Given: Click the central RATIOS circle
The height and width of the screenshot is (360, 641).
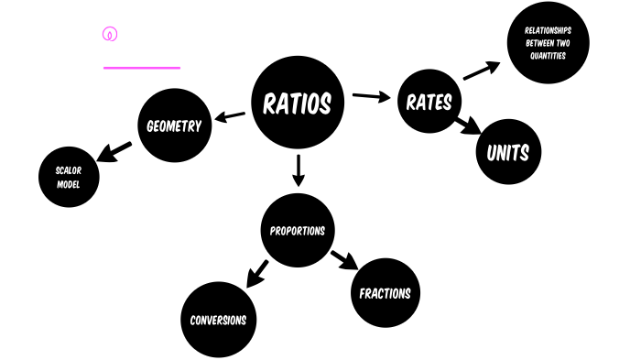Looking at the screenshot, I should pyautogui.click(x=297, y=103).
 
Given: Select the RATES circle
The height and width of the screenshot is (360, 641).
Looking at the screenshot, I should pyautogui.click(x=429, y=101).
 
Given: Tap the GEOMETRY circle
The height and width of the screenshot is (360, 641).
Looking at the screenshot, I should pyautogui.click(x=174, y=125).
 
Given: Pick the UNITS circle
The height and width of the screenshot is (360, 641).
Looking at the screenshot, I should pyautogui.click(x=508, y=152).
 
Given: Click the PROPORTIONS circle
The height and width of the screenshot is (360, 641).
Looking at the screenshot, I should pyautogui.click(x=297, y=230).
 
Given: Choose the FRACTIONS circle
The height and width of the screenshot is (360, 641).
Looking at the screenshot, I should pyautogui.click(x=385, y=293).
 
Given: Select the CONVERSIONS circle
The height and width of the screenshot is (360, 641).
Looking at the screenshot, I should pyautogui.click(x=218, y=320).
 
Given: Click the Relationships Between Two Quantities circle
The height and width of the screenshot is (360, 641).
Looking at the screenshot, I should pyautogui.click(x=548, y=42).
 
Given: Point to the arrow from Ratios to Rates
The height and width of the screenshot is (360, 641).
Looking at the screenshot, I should pyautogui.click(x=371, y=95).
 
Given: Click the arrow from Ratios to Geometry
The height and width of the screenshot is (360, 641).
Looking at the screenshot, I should pyautogui.click(x=230, y=116).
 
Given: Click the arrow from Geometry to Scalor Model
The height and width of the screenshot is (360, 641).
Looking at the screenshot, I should pyautogui.click(x=115, y=151).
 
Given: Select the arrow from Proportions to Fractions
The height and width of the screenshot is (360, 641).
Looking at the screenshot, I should pyautogui.click(x=344, y=260).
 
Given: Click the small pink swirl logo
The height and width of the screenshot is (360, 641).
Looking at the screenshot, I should pyautogui.click(x=110, y=35).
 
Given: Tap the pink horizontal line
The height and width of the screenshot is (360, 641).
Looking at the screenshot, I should pyautogui.click(x=142, y=67).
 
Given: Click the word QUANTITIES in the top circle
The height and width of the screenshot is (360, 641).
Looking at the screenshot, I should pyautogui.click(x=548, y=56).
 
